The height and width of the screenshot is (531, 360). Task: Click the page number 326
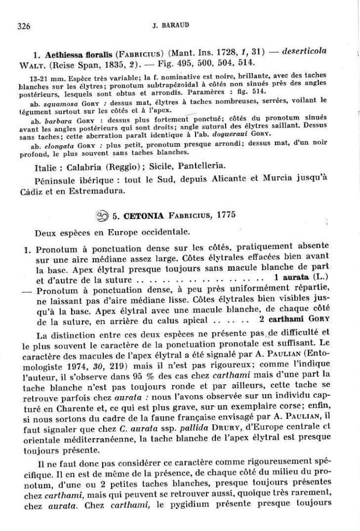[24, 25]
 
